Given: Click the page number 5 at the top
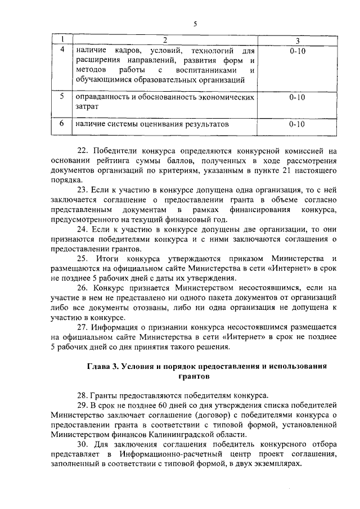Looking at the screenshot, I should pyautogui.click(x=195, y=24).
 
